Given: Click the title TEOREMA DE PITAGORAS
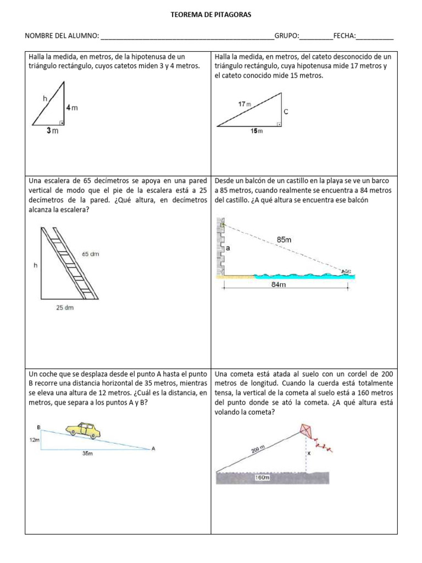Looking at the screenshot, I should click(x=211, y=15).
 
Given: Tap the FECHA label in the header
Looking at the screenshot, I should click(x=345, y=36).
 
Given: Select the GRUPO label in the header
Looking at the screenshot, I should click(x=287, y=36).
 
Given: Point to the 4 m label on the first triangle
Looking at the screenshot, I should click(x=72, y=108).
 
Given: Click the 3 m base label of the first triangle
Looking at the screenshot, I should click(x=52, y=131).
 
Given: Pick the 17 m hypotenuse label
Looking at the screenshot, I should click(x=244, y=104).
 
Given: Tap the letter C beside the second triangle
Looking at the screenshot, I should click(x=286, y=112).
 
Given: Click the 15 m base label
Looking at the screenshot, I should click(x=257, y=131).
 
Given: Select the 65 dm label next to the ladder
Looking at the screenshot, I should click(x=91, y=254).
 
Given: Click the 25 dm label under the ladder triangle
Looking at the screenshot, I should click(x=64, y=308).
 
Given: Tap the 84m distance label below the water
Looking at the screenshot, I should click(x=279, y=285).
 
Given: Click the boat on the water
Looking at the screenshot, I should click(x=346, y=271).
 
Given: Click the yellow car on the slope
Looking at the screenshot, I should click(x=84, y=430).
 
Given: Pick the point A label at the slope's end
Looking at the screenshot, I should click(x=153, y=449).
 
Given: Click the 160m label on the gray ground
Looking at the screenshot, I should click(x=263, y=478).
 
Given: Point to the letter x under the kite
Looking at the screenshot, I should click(x=309, y=454).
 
